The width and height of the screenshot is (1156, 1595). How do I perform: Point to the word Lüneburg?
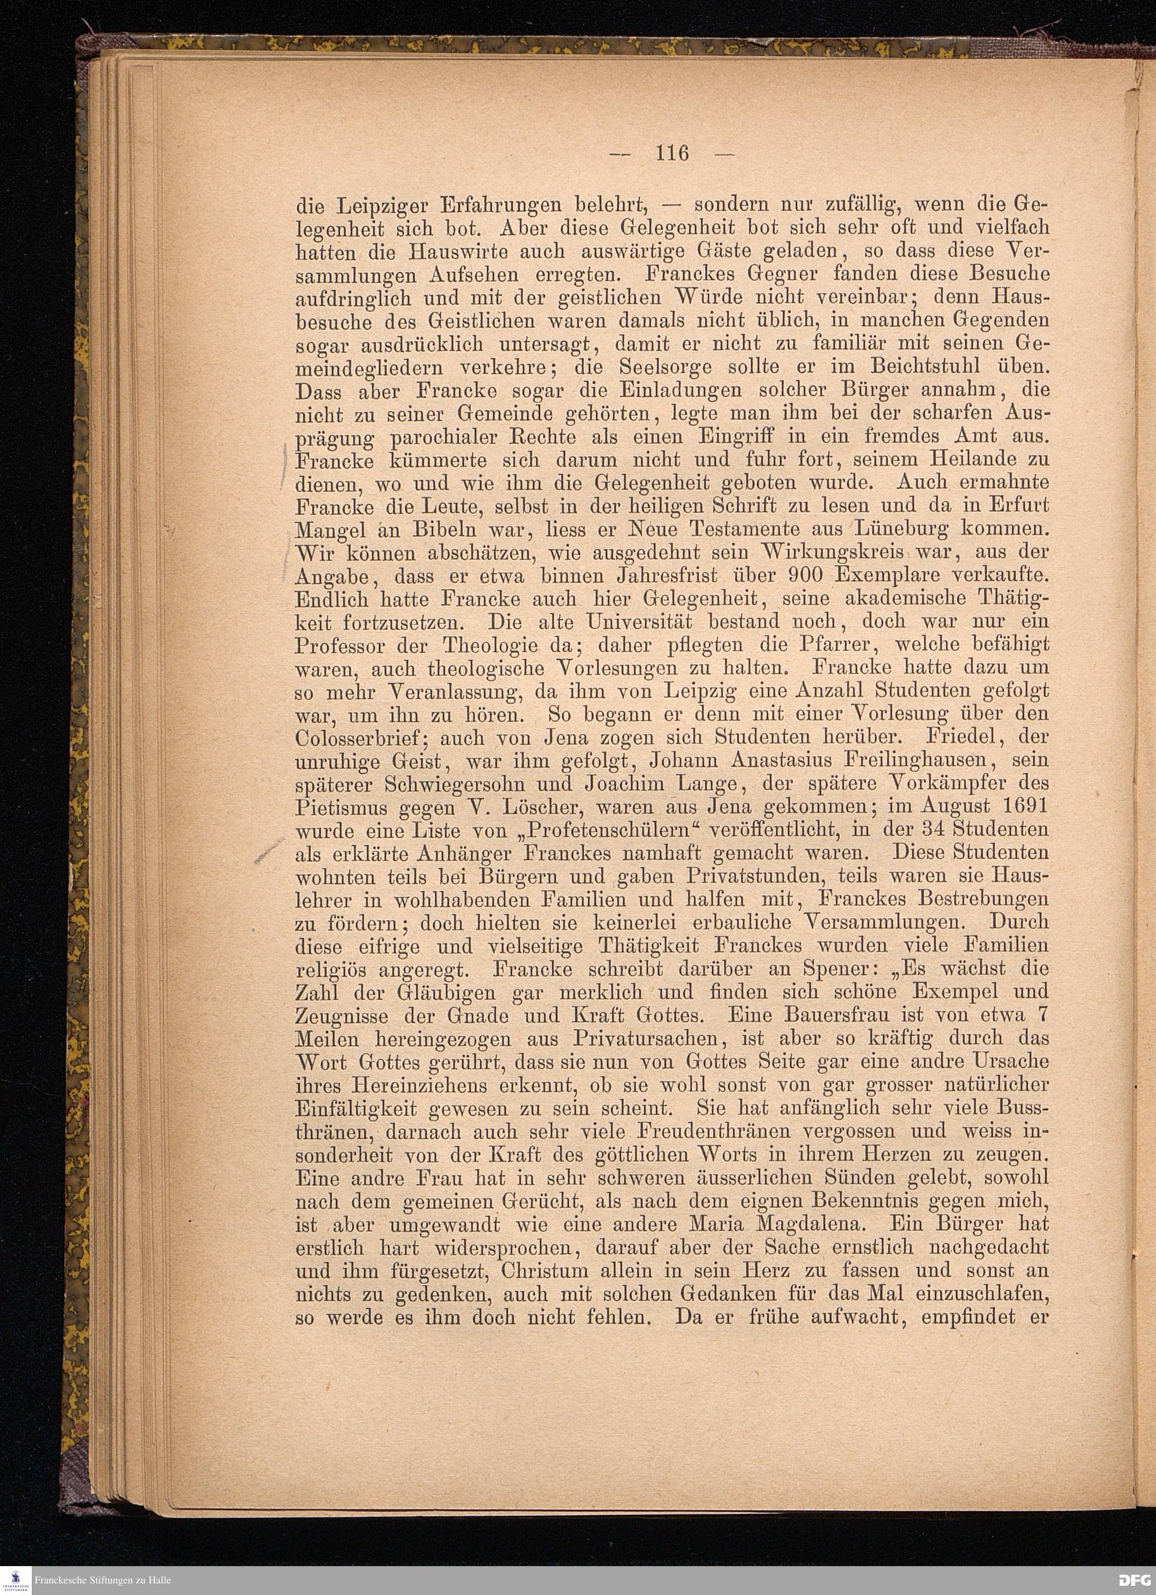903,527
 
